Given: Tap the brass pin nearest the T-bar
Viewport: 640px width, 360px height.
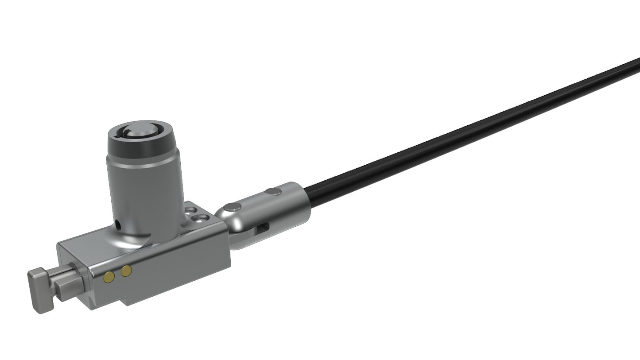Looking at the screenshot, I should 109,277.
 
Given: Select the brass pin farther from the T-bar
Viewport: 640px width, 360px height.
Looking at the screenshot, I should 126,271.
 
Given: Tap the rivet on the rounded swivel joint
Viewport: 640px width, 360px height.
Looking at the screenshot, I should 233,207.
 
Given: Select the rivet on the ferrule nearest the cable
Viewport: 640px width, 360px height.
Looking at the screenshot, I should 273,192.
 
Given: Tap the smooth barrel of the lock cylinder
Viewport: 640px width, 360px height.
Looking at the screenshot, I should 146,195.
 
